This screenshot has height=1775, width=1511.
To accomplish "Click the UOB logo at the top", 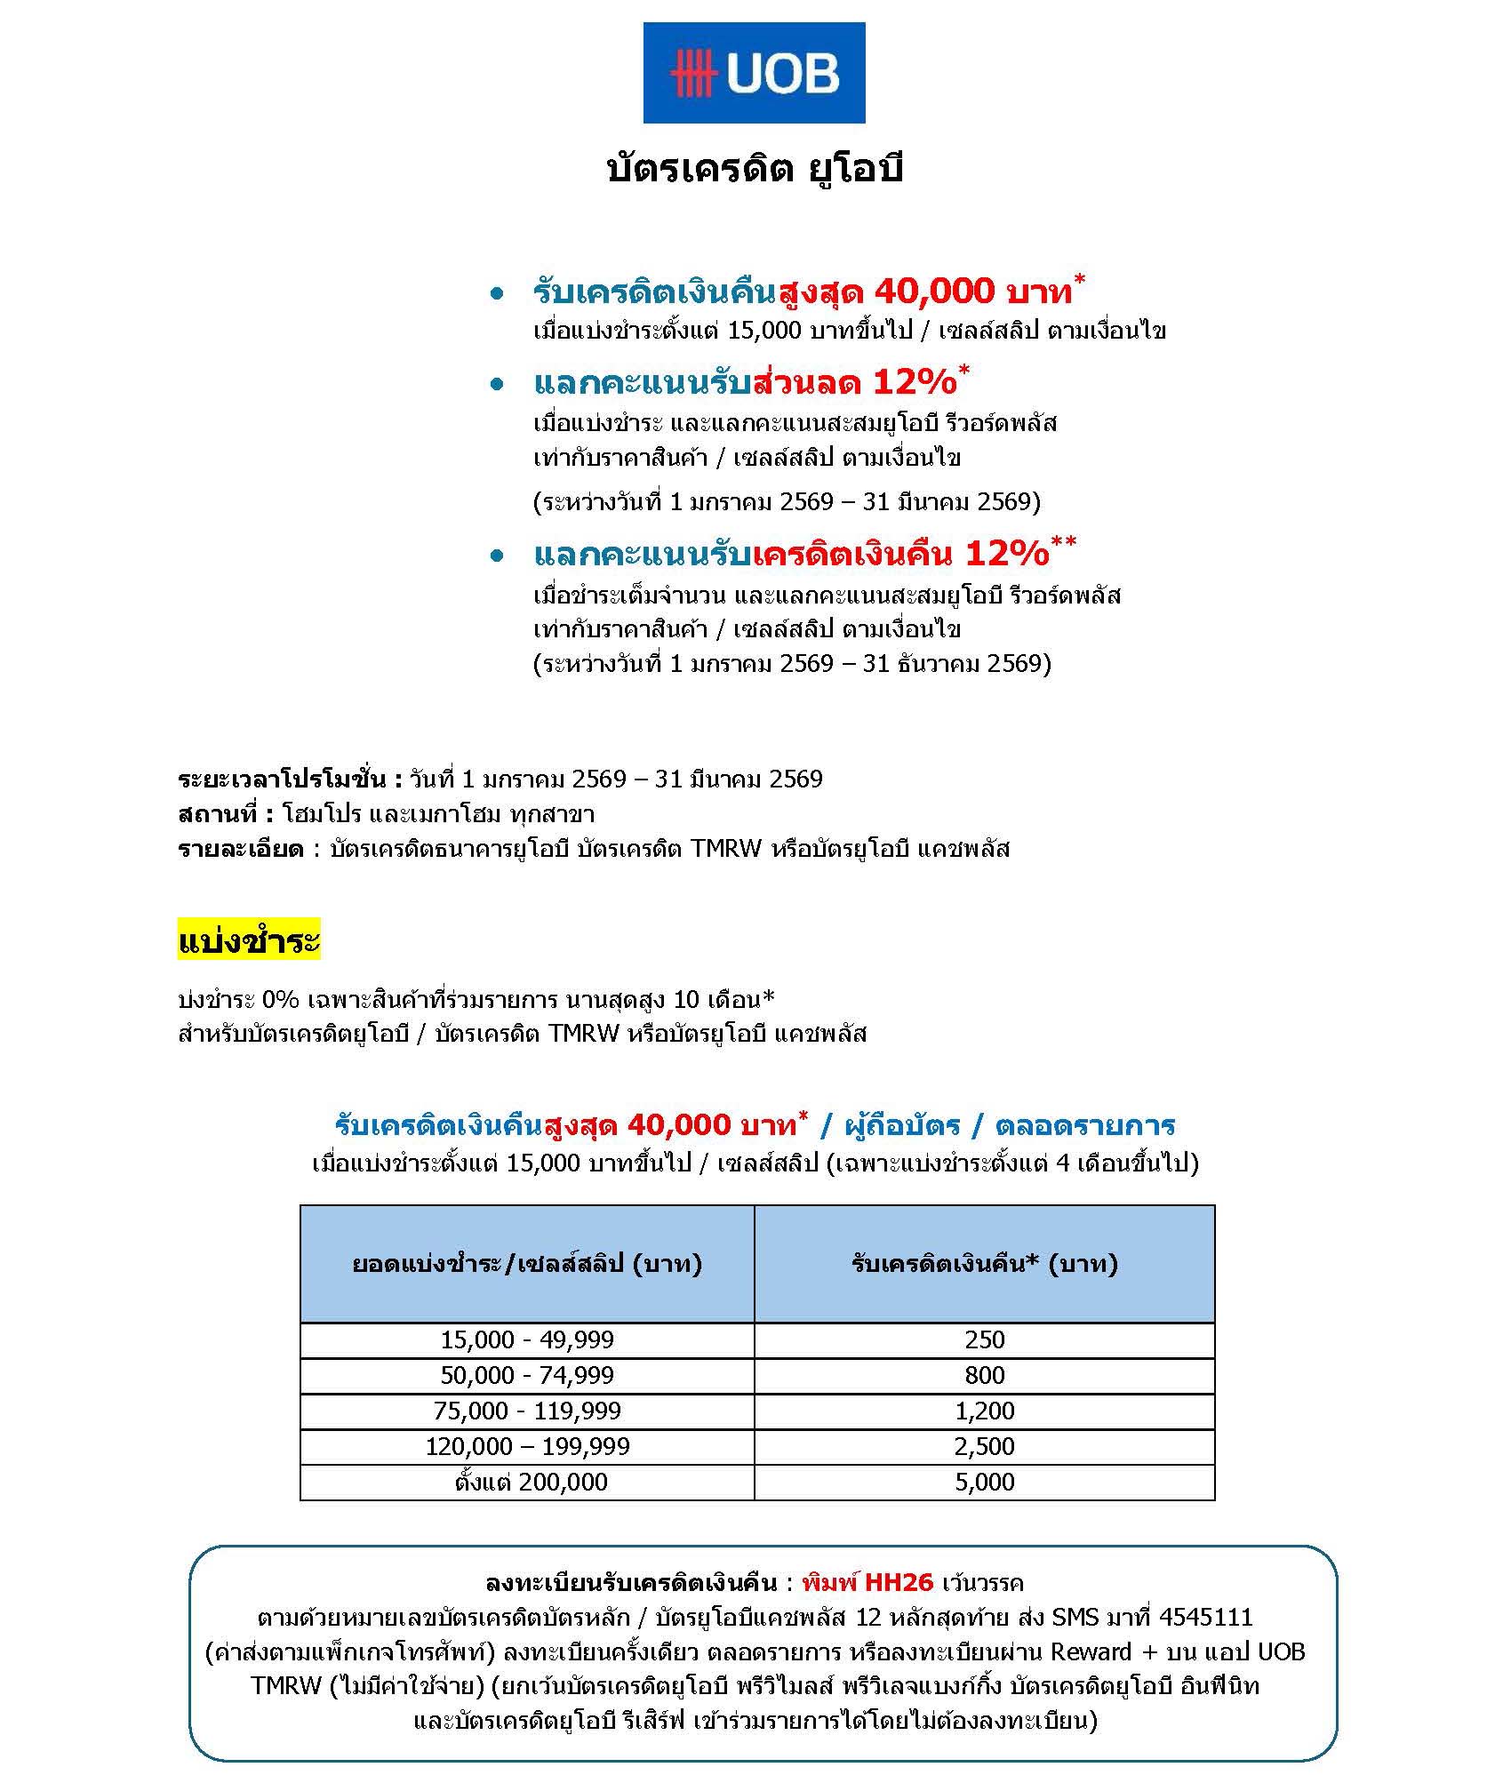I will tap(754, 73).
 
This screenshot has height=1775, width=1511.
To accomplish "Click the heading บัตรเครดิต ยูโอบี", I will tap(754, 169).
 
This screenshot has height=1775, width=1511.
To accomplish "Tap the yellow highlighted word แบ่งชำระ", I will tap(249, 940).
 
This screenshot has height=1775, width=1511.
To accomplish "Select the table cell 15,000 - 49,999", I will tap(527, 1339).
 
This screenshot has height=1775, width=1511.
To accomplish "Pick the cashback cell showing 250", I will tap(984, 1339).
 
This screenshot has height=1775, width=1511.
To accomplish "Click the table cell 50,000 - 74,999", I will tap(527, 1375).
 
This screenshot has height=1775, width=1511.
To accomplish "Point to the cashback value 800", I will tap(984, 1375).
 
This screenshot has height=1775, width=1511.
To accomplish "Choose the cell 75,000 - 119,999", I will tap(527, 1411).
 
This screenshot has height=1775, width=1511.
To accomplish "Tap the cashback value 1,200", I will tap(984, 1411).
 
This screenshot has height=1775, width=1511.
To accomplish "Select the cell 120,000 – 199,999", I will tap(527, 1446).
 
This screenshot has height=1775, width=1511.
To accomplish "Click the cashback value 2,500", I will tap(984, 1446).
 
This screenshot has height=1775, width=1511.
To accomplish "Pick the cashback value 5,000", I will tap(984, 1482).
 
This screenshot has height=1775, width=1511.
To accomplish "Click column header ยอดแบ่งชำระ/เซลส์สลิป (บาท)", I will tap(527, 1264).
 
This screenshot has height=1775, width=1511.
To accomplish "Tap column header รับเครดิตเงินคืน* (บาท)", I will tap(984, 1264).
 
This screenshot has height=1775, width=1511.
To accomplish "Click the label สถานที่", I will tap(225, 814).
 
